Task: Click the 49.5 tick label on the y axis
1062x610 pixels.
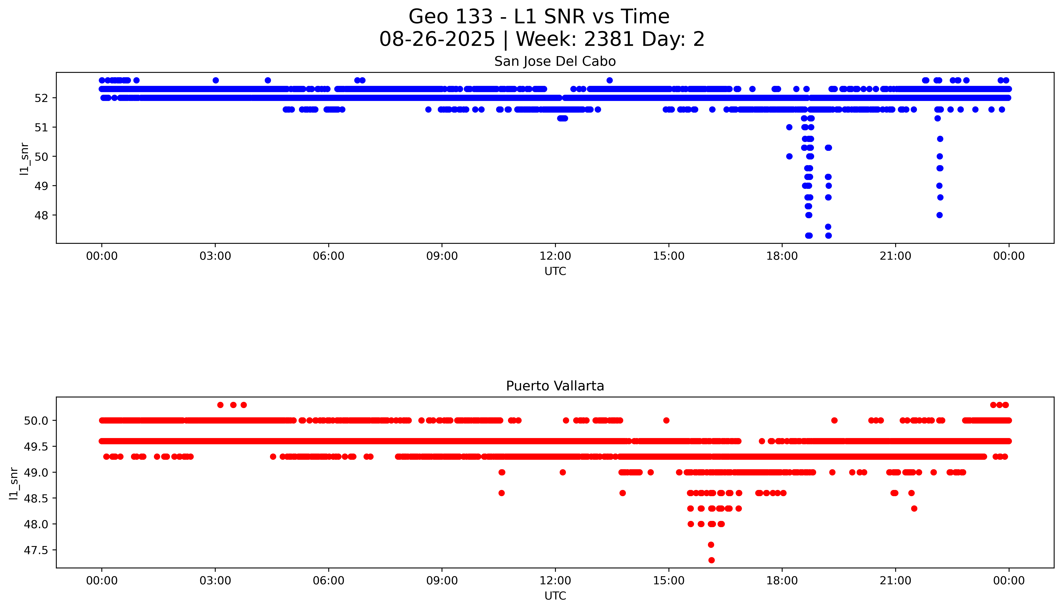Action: pos(36,447)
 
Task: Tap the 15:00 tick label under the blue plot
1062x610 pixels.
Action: pos(669,256)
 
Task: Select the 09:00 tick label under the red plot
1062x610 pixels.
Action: pos(442,581)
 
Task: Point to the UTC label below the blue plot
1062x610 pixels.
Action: pos(555,272)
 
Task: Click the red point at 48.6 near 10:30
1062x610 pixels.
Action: pos(502,493)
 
